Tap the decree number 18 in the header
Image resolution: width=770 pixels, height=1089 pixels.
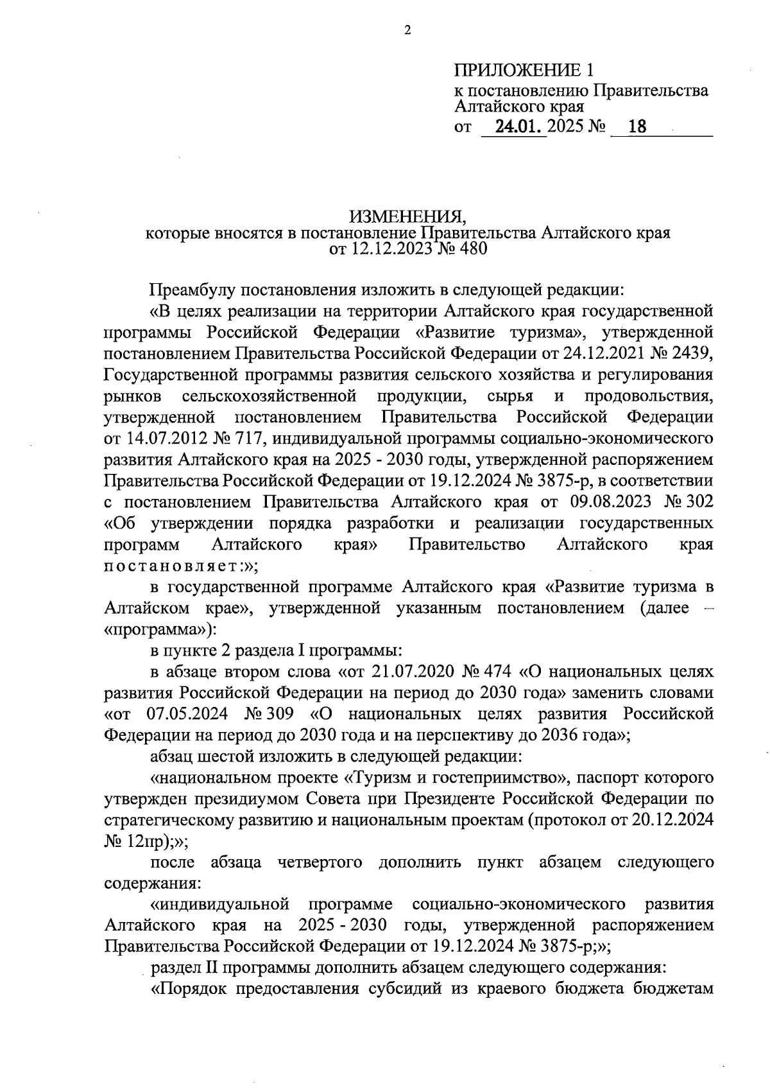[637, 127]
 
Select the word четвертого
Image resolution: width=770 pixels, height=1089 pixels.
[320, 862]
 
